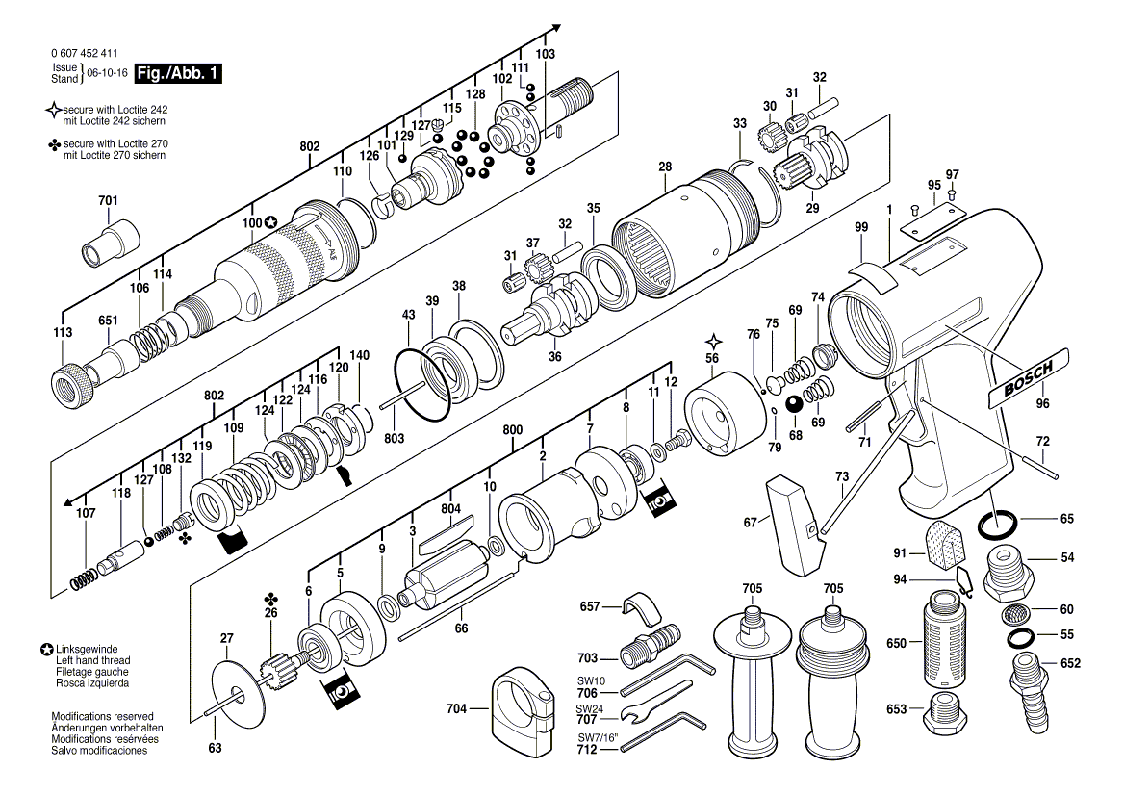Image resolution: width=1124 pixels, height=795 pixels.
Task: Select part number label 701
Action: [x=108, y=201]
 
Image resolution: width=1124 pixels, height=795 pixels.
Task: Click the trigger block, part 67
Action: [x=793, y=525]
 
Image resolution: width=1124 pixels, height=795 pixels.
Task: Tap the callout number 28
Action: [x=665, y=167]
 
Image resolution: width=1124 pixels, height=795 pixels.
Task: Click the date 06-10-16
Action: [x=108, y=73]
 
